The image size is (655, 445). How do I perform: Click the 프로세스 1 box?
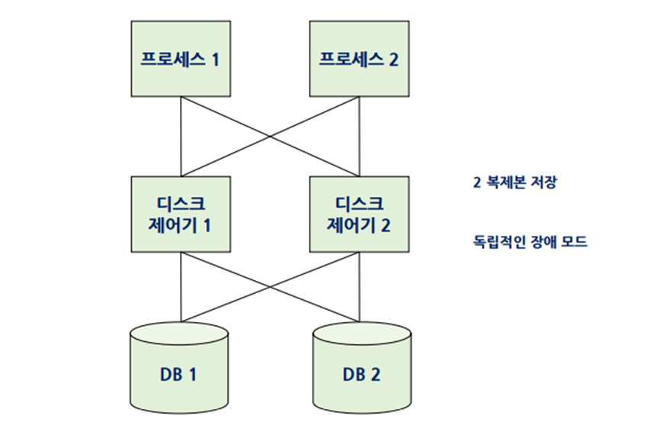coord(179,59)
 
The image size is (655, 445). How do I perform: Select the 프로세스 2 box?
coord(358,59)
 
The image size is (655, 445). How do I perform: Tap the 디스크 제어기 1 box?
coord(179,214)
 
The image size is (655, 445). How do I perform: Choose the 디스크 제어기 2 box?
coord(358,214)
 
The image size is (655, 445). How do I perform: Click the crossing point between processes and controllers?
coord(268,137)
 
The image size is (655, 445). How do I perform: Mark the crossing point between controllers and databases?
coord(270,287)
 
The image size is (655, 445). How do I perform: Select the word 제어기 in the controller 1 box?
coord(170,226)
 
